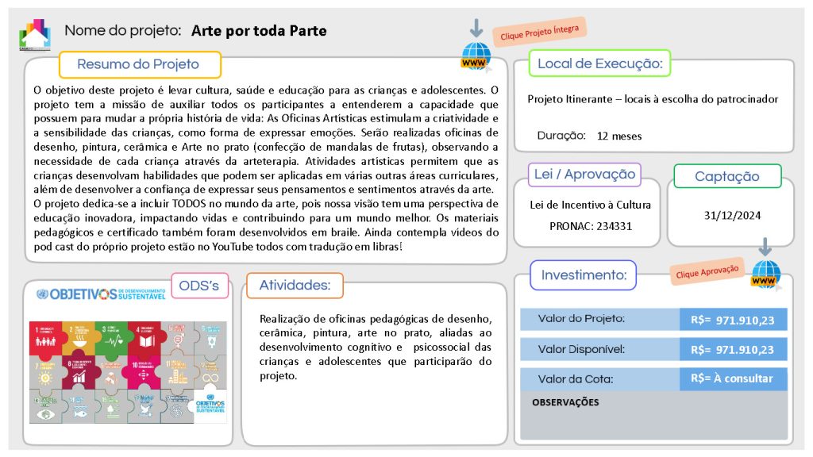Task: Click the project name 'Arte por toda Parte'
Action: point(259,31)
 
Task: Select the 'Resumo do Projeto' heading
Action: point(138,64)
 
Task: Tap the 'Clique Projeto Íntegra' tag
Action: point(539,32)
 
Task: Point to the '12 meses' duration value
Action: point(619,136)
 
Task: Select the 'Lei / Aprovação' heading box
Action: point(584,174)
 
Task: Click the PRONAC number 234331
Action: point(591,225)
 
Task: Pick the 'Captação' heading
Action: point(726,176)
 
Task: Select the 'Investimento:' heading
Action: point(584,275)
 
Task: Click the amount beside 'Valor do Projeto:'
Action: point(733,321)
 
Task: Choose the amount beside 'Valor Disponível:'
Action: point(733,349)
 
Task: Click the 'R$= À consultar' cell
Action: point(733,378)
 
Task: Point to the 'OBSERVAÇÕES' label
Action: point(565,402)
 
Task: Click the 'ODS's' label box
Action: point(199,286)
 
